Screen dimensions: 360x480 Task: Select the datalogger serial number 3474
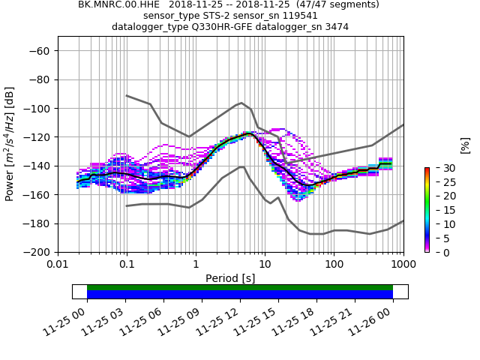(x=335, y=27)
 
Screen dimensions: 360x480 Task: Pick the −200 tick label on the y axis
(x=37, y=252)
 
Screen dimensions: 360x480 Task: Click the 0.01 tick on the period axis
(x=58, y=264)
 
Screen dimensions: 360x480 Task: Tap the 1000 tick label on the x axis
(x=403, y=264)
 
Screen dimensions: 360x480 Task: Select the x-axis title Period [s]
(x=230, y=278)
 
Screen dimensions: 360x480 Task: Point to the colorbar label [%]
(x=464, y=145)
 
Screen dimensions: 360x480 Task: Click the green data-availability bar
(x=240, y=287)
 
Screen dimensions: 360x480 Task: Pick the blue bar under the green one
(x=240, y=295)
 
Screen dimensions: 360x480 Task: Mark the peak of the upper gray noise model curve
(x=241, y=103)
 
